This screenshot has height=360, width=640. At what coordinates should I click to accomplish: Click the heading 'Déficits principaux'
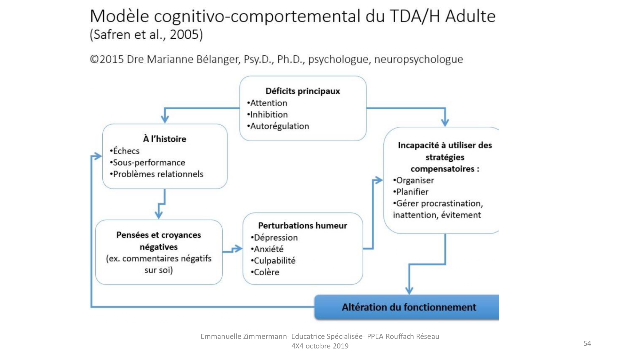303,91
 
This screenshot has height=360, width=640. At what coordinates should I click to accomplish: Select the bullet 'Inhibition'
268,115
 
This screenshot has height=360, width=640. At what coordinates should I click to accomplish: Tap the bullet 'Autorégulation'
278,126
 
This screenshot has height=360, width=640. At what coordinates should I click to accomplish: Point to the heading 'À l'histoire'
164,139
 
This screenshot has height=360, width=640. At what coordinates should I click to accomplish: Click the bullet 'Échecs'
125,151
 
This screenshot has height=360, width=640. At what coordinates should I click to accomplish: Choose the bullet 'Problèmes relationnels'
157,174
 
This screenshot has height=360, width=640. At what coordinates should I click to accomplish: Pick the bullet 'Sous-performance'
148,163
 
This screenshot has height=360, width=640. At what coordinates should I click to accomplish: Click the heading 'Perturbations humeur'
303,226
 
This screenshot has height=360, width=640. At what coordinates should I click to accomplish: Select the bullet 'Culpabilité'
273,260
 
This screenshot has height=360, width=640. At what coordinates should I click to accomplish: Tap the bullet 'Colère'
265,272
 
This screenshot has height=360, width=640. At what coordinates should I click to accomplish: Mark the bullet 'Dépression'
274,237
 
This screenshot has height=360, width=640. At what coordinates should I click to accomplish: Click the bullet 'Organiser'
413,180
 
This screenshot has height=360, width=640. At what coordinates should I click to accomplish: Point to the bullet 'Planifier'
411,192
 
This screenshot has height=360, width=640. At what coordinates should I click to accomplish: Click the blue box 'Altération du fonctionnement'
407,307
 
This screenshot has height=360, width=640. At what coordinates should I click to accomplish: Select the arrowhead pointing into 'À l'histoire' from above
165,119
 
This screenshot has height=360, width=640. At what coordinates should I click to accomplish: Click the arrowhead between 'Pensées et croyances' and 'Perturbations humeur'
238,249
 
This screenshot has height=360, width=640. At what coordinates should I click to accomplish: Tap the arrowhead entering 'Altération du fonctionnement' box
409,290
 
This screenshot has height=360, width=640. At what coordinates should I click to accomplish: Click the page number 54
587,343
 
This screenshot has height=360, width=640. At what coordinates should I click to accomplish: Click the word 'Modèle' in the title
119,16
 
